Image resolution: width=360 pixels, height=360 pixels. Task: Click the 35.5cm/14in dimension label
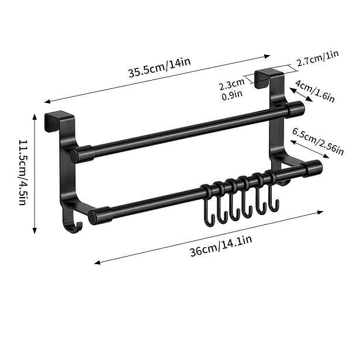160,67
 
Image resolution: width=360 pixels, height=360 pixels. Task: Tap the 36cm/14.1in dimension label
221,245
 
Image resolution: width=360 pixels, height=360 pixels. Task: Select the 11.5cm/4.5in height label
23,172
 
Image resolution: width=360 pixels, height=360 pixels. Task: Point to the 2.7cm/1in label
318,58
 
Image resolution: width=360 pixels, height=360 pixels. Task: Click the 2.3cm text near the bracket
231,84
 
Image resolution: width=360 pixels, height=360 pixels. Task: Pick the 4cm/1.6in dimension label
315,91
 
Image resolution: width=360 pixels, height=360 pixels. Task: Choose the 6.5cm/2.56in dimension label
318,141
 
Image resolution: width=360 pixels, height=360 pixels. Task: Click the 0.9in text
232,95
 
